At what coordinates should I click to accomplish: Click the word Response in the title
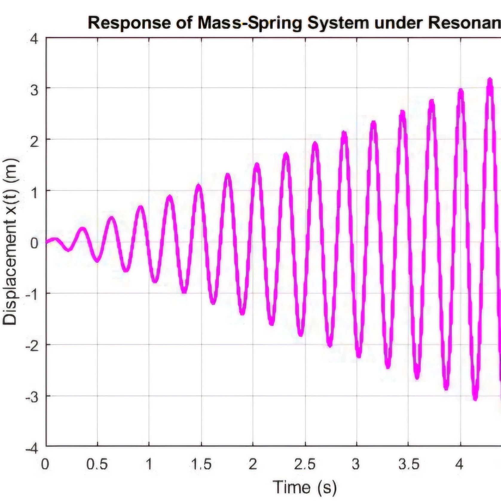pos(129,23)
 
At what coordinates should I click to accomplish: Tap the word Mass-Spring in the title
pos(250,23)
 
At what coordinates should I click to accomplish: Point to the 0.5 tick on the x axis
pos(97,464)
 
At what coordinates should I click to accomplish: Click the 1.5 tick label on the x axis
pos(201,464)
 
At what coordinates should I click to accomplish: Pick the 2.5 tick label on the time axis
pos(305,464)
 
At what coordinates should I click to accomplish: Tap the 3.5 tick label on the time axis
pos(409,464)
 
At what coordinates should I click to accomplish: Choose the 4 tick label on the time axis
pos(459,464)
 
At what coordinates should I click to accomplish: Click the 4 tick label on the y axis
pos(34,39)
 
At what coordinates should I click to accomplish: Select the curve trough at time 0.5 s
pos(97,261)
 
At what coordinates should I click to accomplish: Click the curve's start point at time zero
pos(46,242)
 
